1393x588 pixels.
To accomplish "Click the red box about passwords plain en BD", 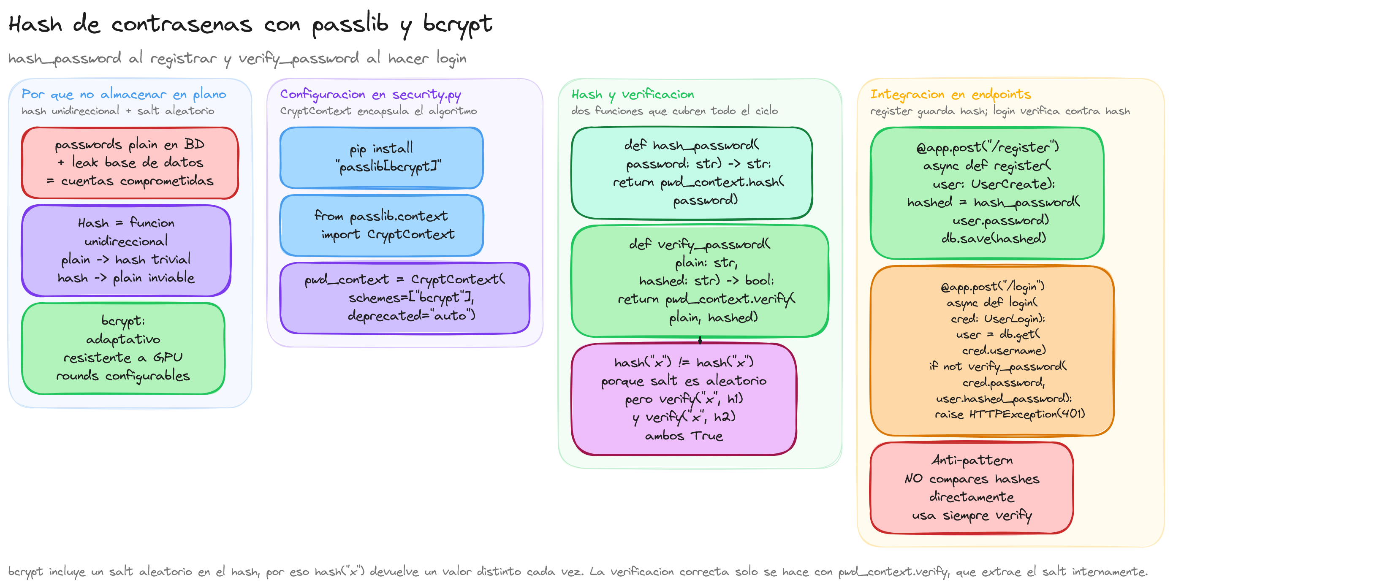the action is pyautogui.click(x=130, y=163).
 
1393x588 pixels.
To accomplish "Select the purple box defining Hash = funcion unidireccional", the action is pyautogui.click(x=126, y=250).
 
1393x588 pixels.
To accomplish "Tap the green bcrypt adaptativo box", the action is pyautogui.click(x=123, y=348).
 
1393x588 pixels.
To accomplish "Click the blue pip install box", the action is pyautogui.click(x=381, y=157).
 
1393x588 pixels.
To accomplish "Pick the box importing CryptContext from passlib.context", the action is pyautogui.click(x=381, y=225).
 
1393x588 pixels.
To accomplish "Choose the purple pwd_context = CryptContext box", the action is pyautogui.click(x=405, y=298).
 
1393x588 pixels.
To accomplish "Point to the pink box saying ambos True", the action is pyautogui.click(x=684, y=399).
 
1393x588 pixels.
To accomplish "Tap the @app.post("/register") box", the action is pyautogui.click(x=987, y=193).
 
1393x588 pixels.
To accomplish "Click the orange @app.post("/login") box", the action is pyautogui.click(x=992, y=350).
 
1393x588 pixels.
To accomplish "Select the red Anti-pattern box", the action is pyautogui.click(x=971, y=488).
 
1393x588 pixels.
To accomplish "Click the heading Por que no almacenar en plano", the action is pyautogui.click(x=124, y=94).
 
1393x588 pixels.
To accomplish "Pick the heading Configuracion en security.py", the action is pyautogui.click(x=370, y=95).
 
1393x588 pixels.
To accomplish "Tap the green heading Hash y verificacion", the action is pyautogui.click(x=633, y=95).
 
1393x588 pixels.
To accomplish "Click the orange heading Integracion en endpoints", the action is pyautogui.click(x=950, y=95).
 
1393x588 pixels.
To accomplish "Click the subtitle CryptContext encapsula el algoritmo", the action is pyautogui.click(x=378, y=111).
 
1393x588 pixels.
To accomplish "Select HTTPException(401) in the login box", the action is pyautogui.click(x=1027, y=414).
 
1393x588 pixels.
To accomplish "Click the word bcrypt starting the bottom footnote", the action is pyautogui.click(x=25, y=572).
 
